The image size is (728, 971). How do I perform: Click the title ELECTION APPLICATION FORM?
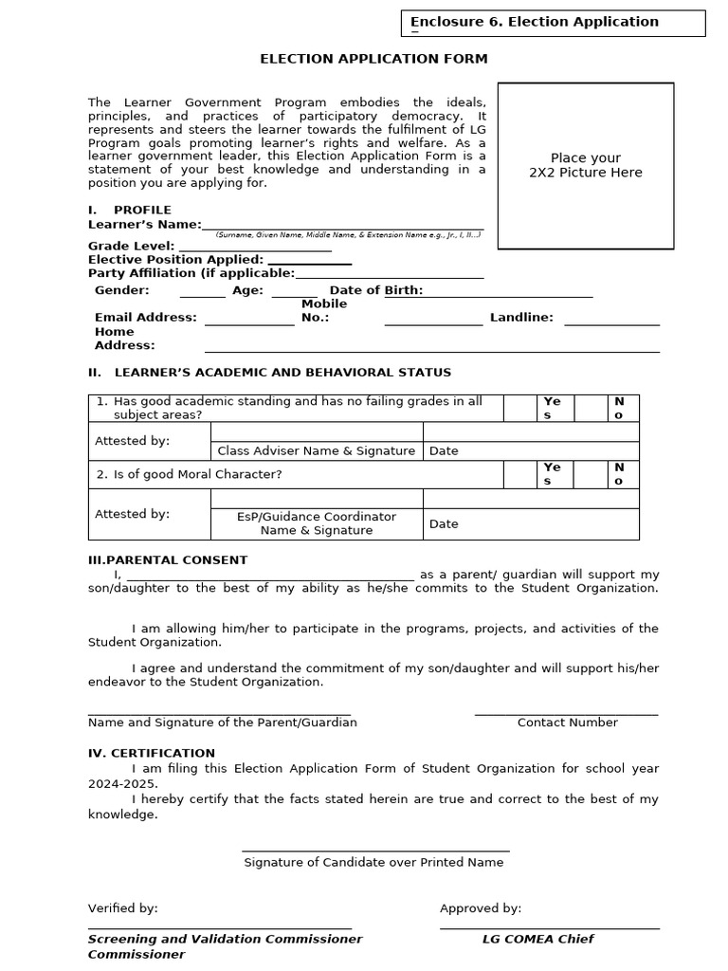(373, 59)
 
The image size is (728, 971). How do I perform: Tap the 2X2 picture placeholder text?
(585, 165)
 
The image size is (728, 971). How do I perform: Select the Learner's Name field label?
(144, 225)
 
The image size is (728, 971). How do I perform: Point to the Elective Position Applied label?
(175, 260)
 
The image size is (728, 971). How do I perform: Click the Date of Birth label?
(375, 290)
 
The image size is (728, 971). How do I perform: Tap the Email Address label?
(145, 318)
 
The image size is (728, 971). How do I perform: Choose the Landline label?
(521, 318)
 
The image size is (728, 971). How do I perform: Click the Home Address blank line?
(431, 348)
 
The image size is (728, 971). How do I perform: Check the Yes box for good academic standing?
(519, 409)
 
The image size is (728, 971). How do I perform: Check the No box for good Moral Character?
(589, 475)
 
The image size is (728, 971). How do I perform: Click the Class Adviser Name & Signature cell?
(317, 451)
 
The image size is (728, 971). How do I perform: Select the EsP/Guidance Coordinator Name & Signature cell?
(317, 523)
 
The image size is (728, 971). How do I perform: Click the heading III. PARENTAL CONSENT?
(168, 560)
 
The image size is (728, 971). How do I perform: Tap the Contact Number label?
(567, 723)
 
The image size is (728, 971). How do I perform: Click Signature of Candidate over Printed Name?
(373, 863)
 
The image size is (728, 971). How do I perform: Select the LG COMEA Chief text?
(537, 939)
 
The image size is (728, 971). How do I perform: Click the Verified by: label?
(123, 908)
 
